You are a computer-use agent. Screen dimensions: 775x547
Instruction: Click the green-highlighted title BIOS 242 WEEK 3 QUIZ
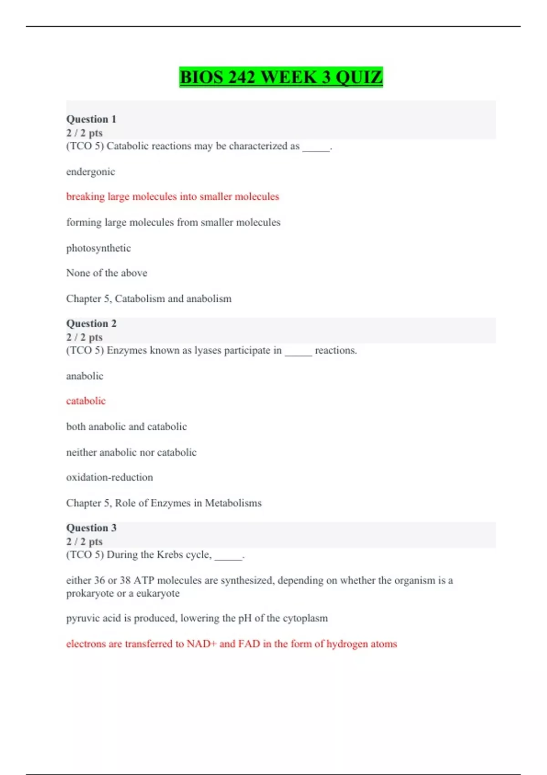[281, 77]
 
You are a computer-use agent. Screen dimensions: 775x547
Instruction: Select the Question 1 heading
[91, 119]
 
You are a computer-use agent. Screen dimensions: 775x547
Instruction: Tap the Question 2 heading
[91, 323]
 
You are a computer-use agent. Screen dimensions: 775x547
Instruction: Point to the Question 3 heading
[91, 527]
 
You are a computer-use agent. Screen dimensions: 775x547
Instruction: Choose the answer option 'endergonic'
[90, 172]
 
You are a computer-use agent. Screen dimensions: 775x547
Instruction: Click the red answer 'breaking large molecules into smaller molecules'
[172, 196]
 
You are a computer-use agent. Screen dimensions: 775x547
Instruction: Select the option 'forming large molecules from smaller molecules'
[173, 222]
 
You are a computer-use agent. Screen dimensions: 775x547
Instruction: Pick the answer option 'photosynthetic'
[98, 248]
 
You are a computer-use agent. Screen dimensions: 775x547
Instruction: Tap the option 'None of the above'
[107, 273]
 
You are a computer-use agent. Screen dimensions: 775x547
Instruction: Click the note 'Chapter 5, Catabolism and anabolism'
[149, 299]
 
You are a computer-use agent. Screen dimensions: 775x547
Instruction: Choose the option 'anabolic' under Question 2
[85, 376]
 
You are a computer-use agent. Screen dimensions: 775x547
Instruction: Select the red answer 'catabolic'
[86, 401]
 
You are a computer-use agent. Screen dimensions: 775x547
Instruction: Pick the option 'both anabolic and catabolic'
[126, 427]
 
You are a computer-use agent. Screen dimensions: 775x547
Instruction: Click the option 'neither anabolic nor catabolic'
[131, 452]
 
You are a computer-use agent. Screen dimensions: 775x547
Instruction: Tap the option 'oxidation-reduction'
[109, 477]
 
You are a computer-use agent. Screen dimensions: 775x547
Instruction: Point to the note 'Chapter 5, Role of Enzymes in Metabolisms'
[164, 503]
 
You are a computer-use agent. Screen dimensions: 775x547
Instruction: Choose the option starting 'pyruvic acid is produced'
[197, 618]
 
